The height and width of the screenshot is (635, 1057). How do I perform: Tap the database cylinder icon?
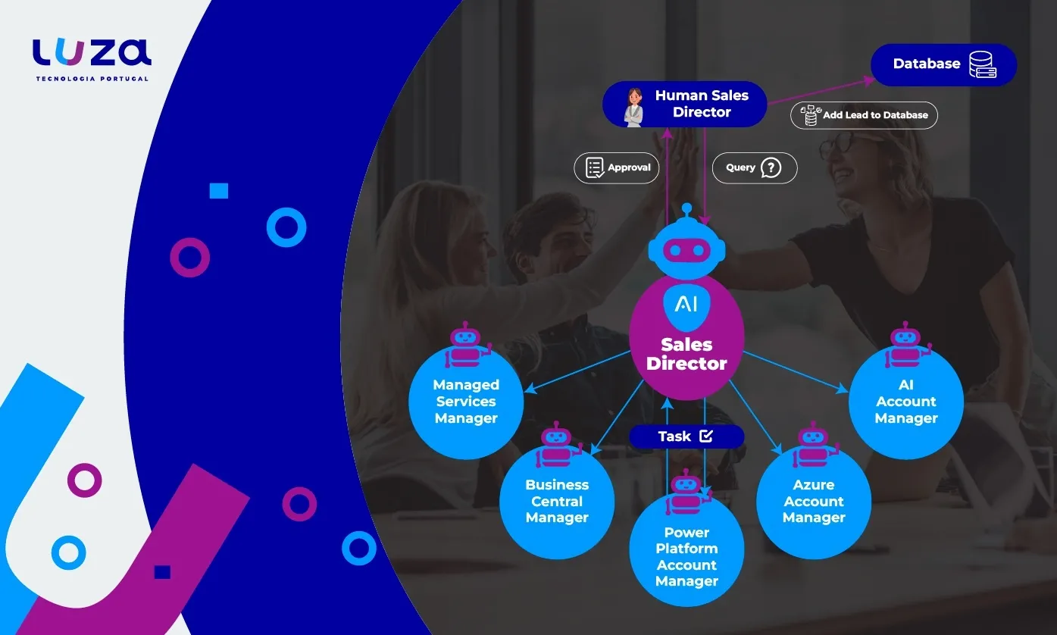click(x=982, y=65)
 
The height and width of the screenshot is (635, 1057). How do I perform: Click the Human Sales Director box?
click(x=685, y=105)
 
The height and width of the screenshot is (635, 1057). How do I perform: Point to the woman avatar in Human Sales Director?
click(x=633, y=106)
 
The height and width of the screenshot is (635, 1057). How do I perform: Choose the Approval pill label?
click(x=616, y=167)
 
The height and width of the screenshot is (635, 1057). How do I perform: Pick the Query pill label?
click(x=754, y=167)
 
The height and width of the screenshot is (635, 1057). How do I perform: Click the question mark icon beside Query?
click(x=771, y=167)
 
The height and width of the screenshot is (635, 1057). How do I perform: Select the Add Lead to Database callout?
click(x=864, y=115)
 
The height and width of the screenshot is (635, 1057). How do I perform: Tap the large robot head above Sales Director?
click(x=686, y=246)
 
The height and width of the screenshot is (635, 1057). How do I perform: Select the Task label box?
click(x=686, y=436)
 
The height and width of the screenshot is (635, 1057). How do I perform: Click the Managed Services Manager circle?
click(x=466, y=402)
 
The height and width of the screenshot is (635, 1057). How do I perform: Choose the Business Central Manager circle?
click(x=557, y=502)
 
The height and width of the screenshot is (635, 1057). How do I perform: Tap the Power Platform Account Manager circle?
click(x=686, y=557)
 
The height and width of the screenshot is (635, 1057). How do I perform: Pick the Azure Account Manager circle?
click(x=814, y=502)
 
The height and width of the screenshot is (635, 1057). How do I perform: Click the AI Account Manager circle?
click(x=906, y=402)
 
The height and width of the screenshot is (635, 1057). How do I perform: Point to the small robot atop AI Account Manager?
click(x=906, y=345)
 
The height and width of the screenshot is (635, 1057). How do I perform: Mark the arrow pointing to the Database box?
click(x=818, y=89)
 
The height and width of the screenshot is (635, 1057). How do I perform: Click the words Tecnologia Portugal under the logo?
click(x=92, y=79)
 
